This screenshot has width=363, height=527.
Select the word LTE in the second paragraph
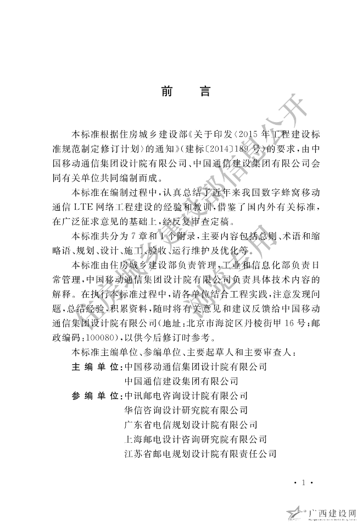coord(96,208)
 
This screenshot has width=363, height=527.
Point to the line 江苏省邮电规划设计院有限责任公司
coord(200,454)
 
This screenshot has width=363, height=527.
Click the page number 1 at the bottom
coord(303,482)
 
